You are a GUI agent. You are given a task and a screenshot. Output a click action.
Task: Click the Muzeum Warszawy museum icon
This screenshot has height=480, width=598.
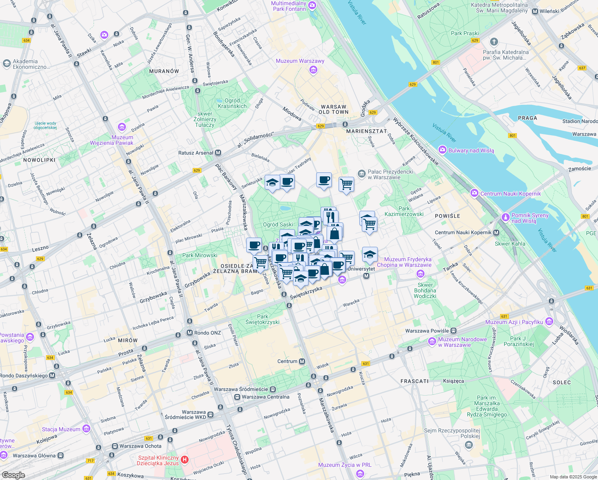(x=313, y=70)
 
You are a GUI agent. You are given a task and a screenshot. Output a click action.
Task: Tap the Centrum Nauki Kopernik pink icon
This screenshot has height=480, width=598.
(x=474, y=194)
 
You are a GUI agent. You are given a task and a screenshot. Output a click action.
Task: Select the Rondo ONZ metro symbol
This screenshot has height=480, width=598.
(x=189, y=333)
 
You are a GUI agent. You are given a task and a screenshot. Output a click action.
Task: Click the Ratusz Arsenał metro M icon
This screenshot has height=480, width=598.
(x=218, y=153)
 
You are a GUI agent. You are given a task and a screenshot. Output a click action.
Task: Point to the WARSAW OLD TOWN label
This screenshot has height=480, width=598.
(x=334, y=110)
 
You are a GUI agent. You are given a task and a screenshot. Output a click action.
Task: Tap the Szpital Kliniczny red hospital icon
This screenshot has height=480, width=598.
(x=185, y=460)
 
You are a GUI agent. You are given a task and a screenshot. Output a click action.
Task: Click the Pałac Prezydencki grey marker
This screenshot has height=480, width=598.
(x=362, y=174)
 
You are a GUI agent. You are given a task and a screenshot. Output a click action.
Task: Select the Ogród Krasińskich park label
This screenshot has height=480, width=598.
(x=232, y=103)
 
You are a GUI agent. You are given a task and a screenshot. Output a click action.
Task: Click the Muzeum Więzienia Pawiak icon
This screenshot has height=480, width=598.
(x=122, y=127)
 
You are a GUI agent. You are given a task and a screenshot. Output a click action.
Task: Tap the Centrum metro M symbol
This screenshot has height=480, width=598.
(x=302, y=361)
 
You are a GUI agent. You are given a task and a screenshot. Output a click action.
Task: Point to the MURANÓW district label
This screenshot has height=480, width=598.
(x=164, y=71)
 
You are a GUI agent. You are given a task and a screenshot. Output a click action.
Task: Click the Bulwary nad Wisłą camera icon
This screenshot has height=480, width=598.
(x=443, y=150)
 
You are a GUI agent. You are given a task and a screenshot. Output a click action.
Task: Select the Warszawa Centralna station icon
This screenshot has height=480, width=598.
(x=237, y=397)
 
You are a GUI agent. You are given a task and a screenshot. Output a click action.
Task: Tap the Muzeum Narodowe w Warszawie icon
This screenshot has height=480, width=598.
(x=432, y=342)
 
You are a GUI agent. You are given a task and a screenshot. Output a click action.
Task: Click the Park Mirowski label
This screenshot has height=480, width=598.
(x=200, y=255)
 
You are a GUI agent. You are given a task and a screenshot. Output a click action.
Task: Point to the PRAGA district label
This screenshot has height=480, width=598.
(x=527, y=118)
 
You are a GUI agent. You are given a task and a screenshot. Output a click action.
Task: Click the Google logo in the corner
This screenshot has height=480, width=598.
(x=13, y=475)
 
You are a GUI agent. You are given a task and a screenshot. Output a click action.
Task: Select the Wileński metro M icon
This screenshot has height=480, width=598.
(x=535, y=11)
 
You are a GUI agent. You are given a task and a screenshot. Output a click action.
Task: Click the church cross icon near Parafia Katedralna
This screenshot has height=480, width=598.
(x=494, y=42)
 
